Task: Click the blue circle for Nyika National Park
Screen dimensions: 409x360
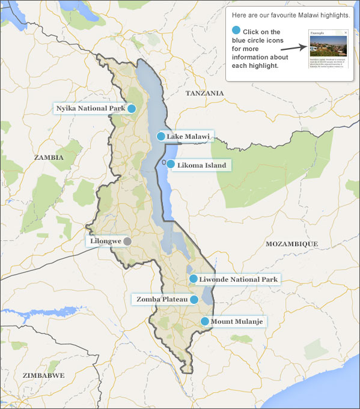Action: pos(131,109)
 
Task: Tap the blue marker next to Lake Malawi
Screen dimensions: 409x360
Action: pos(160,136)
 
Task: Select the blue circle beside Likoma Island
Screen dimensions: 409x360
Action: pos(171,164)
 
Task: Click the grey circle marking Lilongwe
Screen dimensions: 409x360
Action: pos(127,241)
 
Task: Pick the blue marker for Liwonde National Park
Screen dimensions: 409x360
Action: pos(193,279)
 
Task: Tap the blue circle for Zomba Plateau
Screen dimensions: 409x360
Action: pos(194,299)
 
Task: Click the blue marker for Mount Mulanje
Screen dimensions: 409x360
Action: pos(205,321)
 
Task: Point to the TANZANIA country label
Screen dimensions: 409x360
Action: pos(204,93)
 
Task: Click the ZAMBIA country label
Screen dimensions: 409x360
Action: pos(49,157)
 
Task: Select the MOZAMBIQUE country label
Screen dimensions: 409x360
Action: pos(291,244)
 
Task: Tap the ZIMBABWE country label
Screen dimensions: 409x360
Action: pos(43,375)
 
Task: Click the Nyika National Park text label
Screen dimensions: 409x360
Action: pos(90,109)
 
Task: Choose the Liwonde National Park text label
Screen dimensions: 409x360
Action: pos(239,279)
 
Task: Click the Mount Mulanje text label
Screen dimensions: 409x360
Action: pos(236,322)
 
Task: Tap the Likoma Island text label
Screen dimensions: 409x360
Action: pos(201,165)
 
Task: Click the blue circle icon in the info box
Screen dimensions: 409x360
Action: pos(236,31)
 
